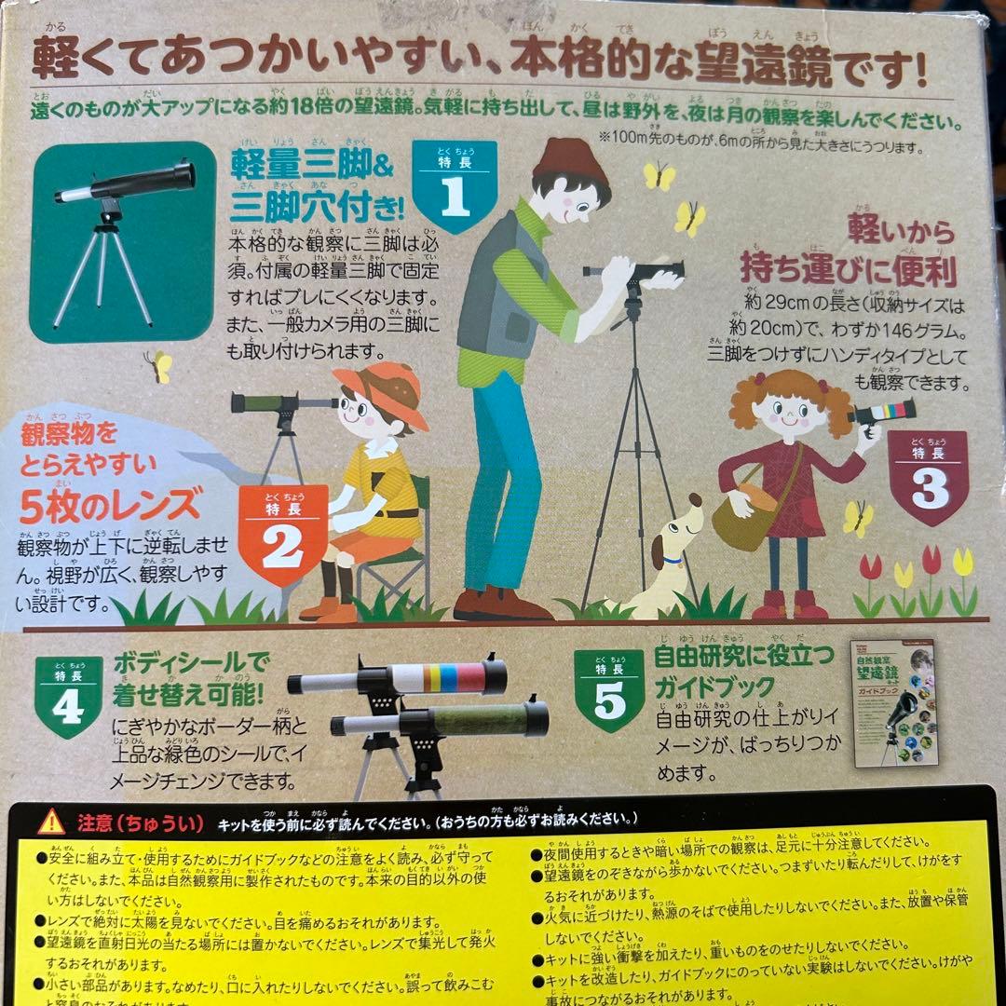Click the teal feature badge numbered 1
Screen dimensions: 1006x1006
(454, 187)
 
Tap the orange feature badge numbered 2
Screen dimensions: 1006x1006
(283, 535)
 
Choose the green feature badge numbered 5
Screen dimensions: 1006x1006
(609, 690)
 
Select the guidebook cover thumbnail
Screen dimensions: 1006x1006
(895, 702)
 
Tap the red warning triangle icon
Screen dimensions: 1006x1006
(50, 821)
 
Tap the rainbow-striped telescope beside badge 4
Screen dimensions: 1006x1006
(401, 679)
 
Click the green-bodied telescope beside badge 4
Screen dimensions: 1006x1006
(442, 721)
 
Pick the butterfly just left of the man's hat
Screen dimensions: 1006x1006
(658, 175)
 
